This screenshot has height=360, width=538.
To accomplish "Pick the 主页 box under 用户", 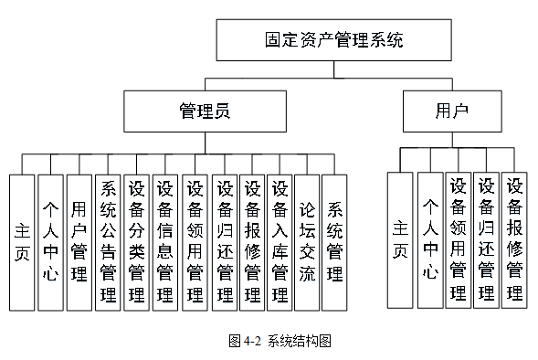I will click(400, 239).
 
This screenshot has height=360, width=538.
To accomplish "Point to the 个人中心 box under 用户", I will click(429, 239).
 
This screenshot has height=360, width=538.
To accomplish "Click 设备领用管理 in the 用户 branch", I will click(459, 239).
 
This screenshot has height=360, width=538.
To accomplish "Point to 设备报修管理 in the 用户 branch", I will click(514, 239).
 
